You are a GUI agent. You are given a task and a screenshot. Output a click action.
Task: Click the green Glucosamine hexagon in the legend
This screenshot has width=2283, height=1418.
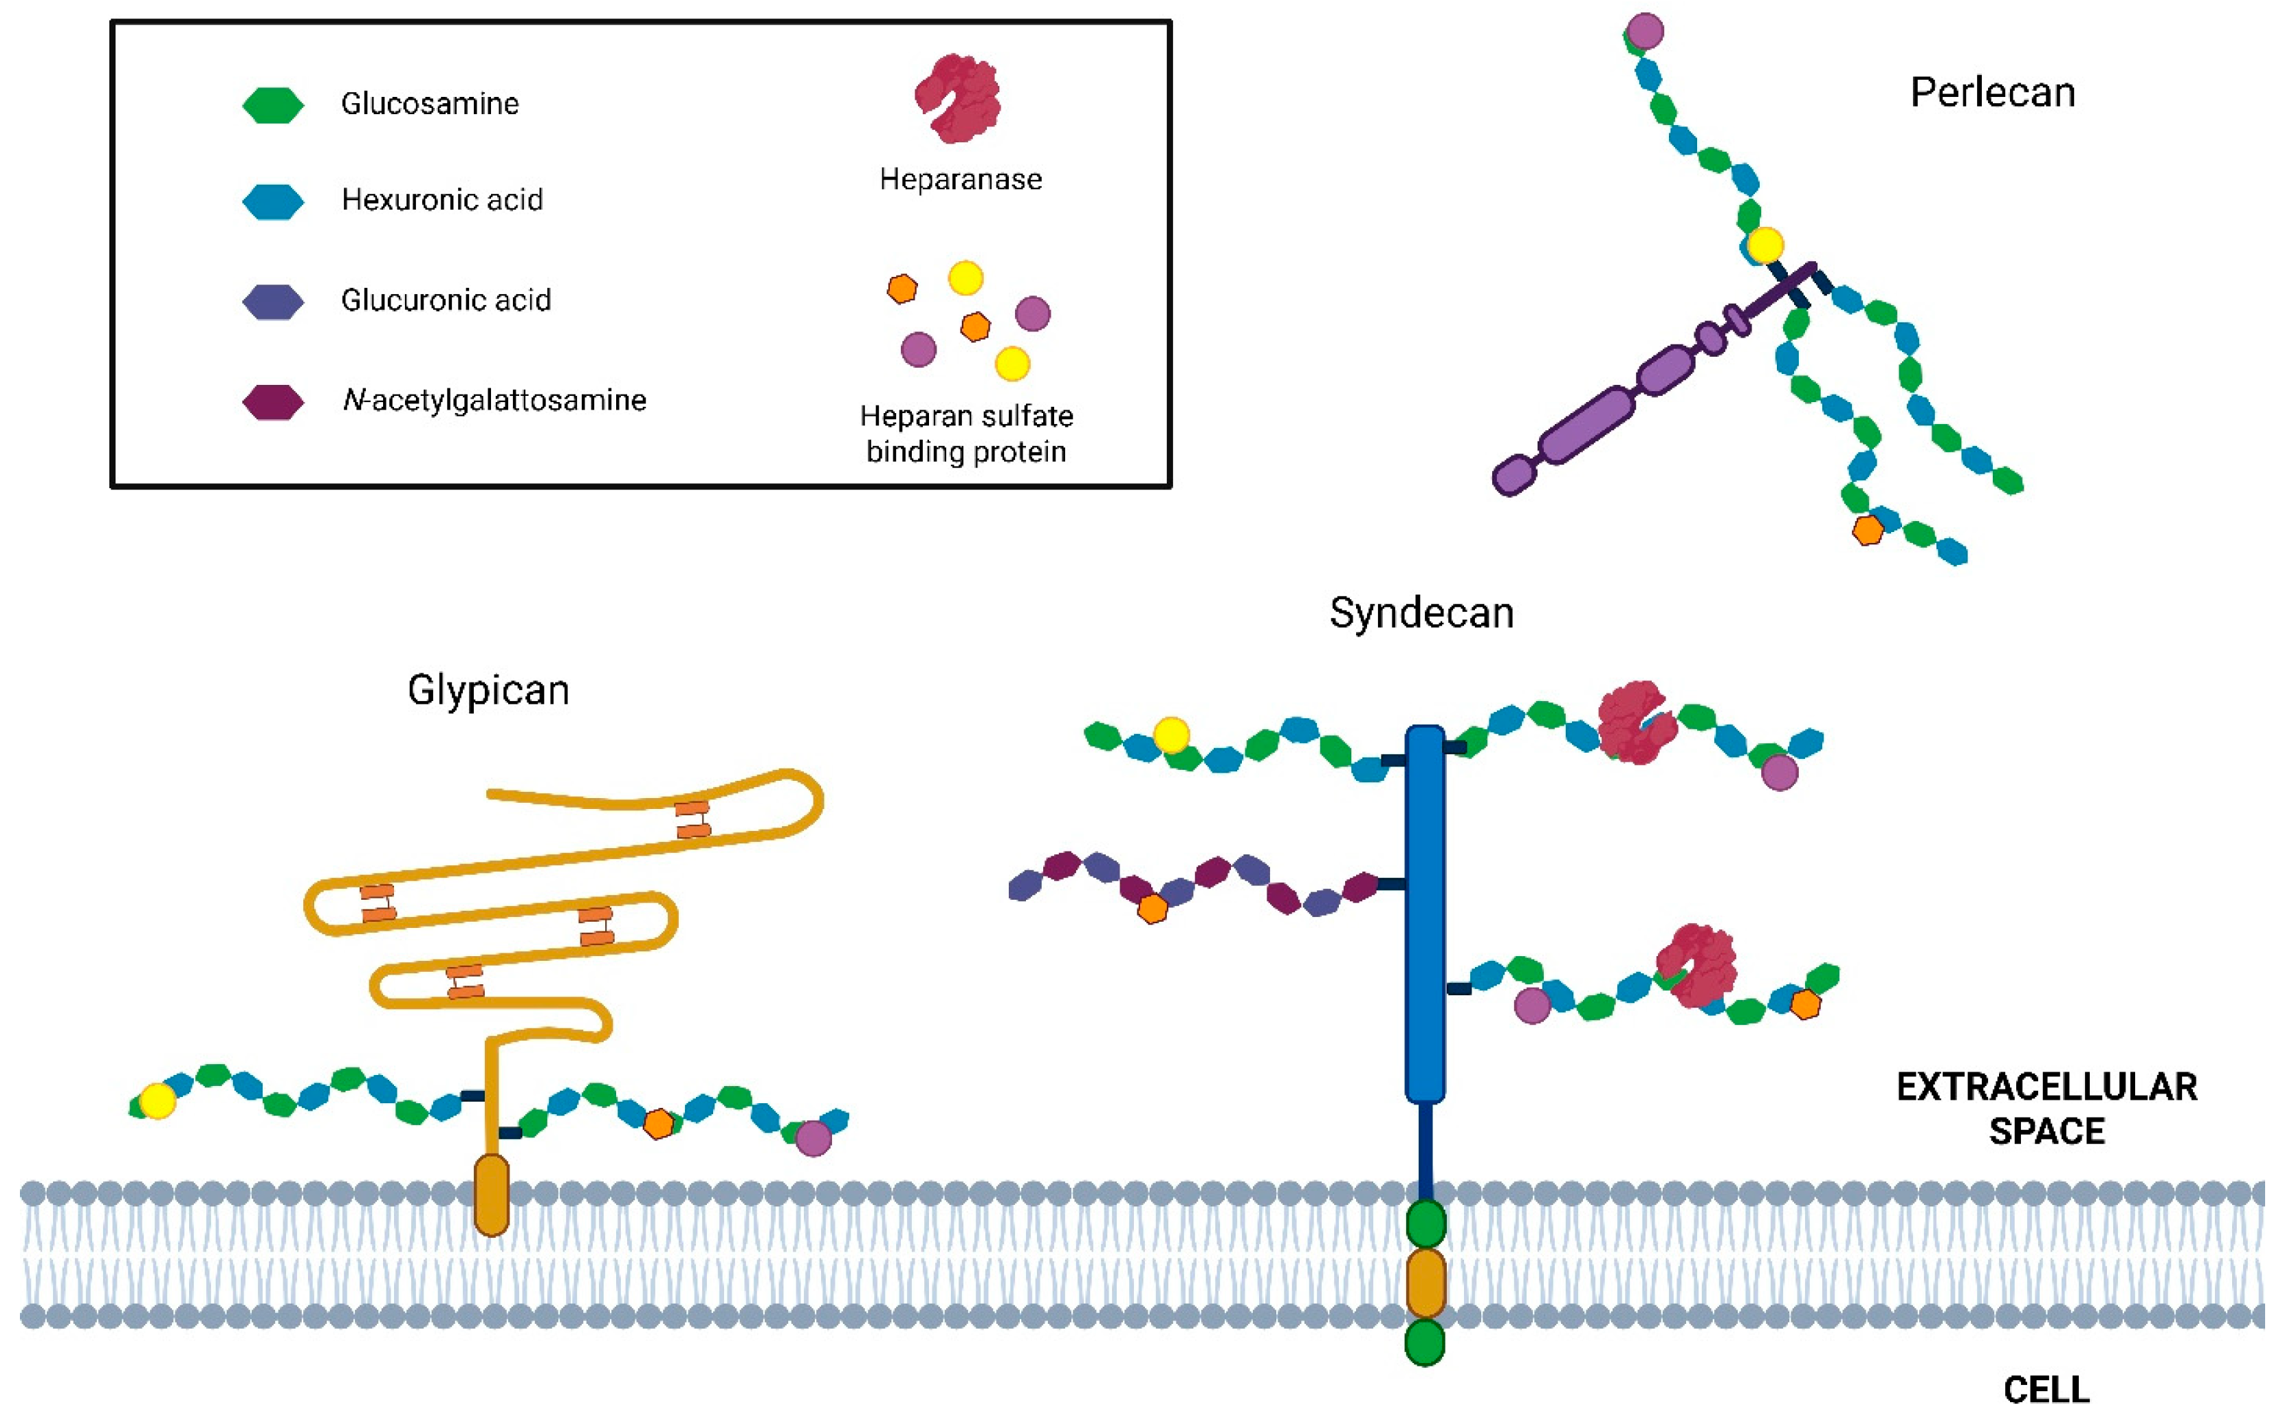click(x=273, y=105)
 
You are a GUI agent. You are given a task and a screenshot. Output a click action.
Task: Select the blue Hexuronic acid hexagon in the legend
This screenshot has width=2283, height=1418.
click(x=273, y=201)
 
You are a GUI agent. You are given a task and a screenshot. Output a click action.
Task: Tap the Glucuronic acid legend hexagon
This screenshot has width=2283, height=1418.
click(x=273, y=301)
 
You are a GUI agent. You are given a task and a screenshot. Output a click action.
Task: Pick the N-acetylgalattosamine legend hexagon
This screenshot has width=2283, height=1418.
click(x=273, y=401)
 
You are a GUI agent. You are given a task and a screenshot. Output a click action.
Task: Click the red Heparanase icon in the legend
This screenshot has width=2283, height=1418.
click(x=959, y=98)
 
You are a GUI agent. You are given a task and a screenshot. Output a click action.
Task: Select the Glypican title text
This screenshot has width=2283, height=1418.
click(x=488, y=690)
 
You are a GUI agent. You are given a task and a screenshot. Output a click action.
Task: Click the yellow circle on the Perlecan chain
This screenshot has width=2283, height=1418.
click(x=1765, y=245)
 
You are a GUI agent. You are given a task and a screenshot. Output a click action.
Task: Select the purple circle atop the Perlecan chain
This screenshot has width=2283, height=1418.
click(x=1645, y=31)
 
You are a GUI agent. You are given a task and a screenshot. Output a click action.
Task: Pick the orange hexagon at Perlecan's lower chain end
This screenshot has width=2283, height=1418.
click(x=1868, y=530)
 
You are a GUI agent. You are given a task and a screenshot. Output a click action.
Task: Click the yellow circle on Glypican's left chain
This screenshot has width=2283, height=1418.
click(x=157, y=1101)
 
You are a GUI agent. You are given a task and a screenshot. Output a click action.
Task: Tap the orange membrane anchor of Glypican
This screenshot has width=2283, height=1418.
click(x=492, y=1195)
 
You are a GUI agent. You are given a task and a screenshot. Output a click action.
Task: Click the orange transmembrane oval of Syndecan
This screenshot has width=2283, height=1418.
click(x=1425, y=1282)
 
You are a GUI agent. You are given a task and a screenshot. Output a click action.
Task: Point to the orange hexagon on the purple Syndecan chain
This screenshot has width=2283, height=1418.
click(x=1153, y=908)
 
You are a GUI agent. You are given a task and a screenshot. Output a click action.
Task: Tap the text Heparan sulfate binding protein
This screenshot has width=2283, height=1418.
click(x=966, y=433)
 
